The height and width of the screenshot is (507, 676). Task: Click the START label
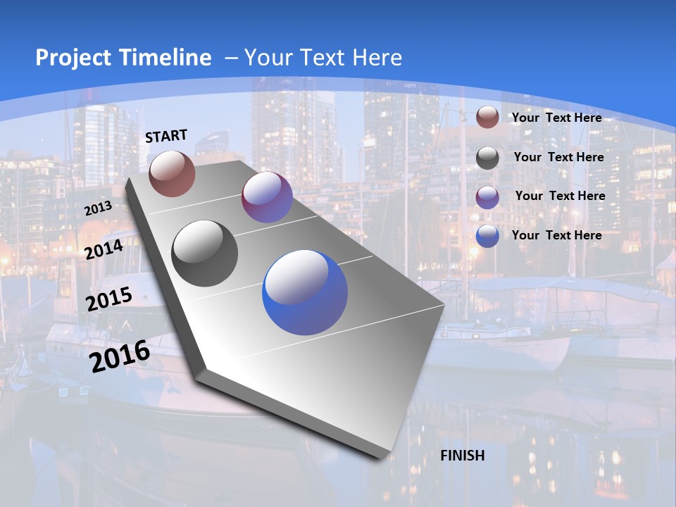point(166,136)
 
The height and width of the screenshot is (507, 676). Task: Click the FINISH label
point(463,455)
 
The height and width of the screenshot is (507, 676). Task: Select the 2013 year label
point(98,208)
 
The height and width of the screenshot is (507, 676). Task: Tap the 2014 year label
point(104,249)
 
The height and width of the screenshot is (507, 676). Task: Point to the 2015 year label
point(109,299)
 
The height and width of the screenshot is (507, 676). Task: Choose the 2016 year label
point(120,356)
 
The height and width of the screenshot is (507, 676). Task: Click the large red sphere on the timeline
point(172,173)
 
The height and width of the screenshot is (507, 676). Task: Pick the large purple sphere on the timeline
point(267,197)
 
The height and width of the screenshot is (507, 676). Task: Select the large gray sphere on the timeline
point(205,254)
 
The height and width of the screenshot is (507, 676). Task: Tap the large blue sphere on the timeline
point(305,292)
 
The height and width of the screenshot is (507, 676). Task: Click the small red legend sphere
point(487,117)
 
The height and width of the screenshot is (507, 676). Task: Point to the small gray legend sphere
point(487,158)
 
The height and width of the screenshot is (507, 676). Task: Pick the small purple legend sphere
point(487,197)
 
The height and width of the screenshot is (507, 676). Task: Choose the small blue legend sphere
point(487,237)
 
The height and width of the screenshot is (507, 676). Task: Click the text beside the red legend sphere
point(556,118)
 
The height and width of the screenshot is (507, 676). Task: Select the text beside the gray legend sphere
point(558,157)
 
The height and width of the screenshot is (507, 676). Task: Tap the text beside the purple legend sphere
point(560,196)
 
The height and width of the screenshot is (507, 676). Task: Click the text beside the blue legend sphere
point(556,235)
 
